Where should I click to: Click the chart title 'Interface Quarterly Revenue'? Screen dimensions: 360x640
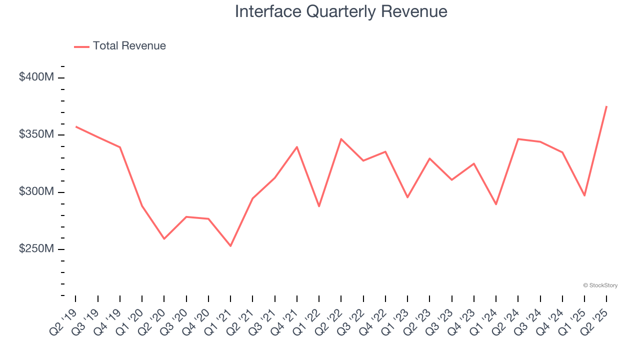[341, 11]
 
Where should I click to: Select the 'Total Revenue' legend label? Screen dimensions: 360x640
[129, 46]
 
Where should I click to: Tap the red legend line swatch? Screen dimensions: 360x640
[81, 46]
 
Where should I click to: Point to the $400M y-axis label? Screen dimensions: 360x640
[36, 77]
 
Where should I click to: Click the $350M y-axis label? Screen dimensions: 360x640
[36, 134]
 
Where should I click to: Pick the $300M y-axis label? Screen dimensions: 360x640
[36, 192]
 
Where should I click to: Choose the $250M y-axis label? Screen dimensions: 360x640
[36, 249]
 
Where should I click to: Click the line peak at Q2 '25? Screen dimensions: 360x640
[606, 106]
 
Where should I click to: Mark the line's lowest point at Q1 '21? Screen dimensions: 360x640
[230, 246]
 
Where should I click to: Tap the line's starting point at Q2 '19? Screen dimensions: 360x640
[76, 126]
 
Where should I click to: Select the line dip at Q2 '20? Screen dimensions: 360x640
[164, 238]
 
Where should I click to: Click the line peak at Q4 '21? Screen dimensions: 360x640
[297, 147]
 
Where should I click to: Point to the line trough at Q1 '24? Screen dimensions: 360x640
[496, 204]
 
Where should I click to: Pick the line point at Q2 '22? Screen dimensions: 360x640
[341, 139]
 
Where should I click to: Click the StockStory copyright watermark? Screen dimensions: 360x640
[600, 285]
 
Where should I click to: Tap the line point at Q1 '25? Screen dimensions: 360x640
[584, 195]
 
